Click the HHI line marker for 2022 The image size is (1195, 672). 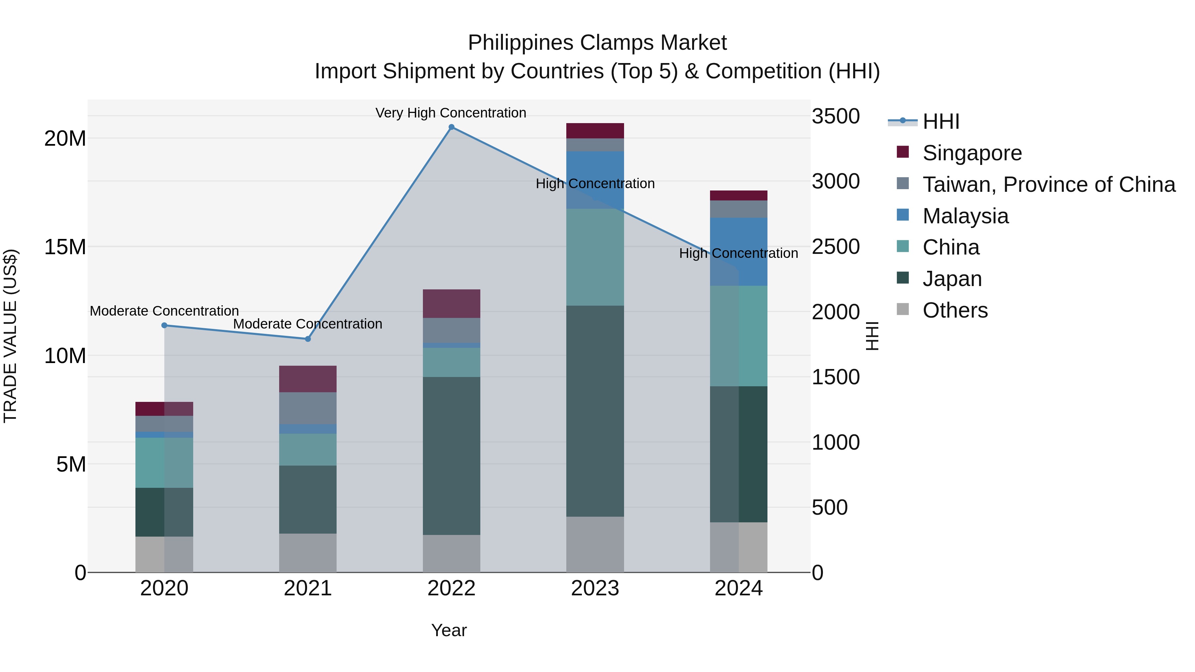coord(451,127)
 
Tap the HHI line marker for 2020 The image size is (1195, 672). coord(164,326)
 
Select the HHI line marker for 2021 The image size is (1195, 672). coord(308,339)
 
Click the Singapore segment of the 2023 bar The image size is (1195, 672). coord(595,131)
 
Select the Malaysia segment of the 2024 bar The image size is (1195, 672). coord(739,251)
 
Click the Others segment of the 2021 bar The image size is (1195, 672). coord(308,553)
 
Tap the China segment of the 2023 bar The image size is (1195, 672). coord(595,258)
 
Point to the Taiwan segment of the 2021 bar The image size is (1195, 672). coord(308,408)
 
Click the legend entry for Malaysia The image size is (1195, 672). coord(965,216)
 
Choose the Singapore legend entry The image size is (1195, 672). coord(972,153)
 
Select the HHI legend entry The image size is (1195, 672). coord(941,121)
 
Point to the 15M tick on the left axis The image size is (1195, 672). coord(65,247)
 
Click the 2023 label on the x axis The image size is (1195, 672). coord(595,588)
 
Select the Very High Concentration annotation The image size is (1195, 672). coord(450,113)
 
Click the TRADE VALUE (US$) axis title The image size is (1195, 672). coord(10,336)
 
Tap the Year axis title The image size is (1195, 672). coord(448,630)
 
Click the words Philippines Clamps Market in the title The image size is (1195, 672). coord(597,43)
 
